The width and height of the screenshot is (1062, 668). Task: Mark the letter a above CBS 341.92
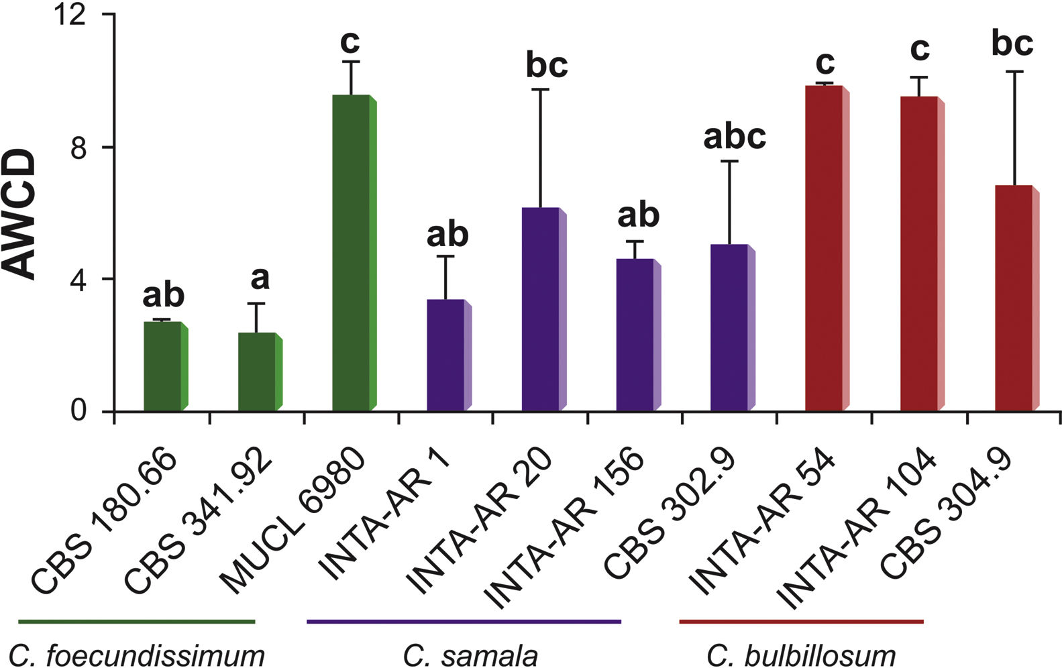[259, 278]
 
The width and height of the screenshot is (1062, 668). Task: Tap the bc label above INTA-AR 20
[546, 65]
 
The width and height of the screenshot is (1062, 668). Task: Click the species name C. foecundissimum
[137, 655]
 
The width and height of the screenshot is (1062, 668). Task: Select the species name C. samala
[470, 655]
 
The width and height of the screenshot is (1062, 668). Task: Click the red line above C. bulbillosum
[801, 622]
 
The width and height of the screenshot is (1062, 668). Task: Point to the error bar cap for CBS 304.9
[1014, 71]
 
